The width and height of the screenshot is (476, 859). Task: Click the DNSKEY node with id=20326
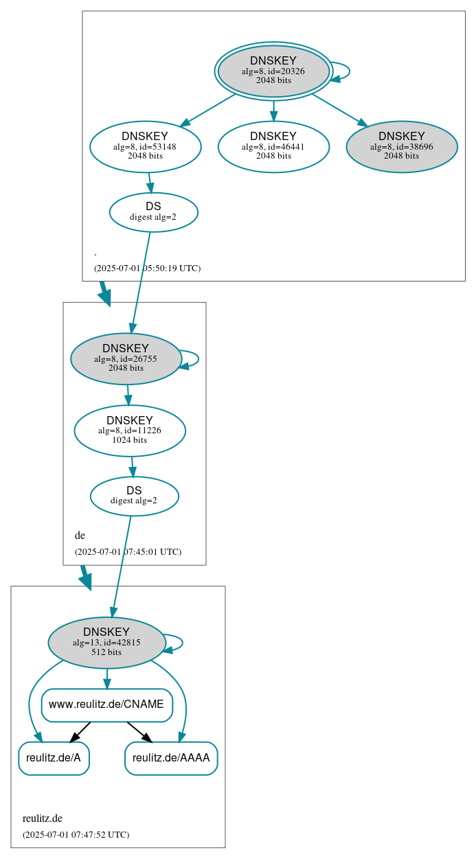pos(273,71)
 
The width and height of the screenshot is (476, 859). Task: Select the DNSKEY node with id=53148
pos(145,146)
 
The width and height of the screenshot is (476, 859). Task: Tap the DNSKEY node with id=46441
pos(273,146)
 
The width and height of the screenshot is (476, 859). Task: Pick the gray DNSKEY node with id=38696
pos(402,146)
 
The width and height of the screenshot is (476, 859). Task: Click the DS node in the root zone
pos(153,212)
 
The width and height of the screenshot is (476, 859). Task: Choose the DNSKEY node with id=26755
pos(126,358)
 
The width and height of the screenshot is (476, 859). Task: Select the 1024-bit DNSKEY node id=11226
pos(130,431)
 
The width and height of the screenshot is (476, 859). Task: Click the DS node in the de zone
pos(134,496)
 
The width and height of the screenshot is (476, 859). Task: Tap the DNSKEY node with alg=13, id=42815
pos(106,643)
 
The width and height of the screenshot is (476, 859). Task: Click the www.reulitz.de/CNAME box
pos(106,705)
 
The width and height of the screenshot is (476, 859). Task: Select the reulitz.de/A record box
pos(54,758)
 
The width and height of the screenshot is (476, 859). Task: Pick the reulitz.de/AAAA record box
pos(171,758)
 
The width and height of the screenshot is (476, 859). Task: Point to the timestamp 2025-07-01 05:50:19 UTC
pos(147,268)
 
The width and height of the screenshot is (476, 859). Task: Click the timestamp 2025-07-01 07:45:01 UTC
pos(128,552)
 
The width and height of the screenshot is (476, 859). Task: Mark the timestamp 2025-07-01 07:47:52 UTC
pos(76,835)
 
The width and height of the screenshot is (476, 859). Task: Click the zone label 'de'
pos(80,536)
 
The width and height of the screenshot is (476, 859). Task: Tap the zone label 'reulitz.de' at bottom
pos(43,818)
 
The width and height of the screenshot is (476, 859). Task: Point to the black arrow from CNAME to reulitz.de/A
pos(80,732)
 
